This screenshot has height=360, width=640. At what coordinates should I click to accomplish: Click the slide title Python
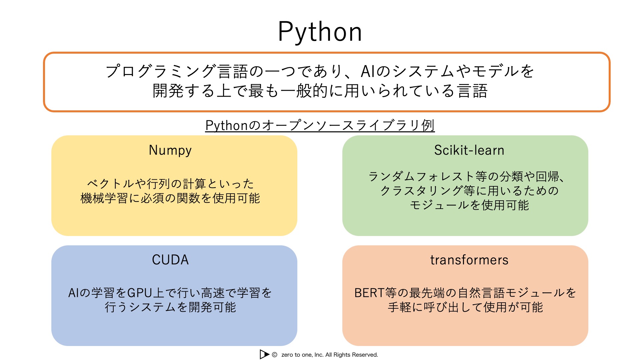pyautogui.click(x=320, y=32)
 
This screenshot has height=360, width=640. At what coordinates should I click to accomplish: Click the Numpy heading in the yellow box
pyautogui.click(x=170, y=150)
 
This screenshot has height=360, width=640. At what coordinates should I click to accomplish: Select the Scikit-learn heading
pyautogui.click(x=469, y=150)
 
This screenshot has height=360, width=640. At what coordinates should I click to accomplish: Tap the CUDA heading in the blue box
pyautogui.click(x=170, y=260)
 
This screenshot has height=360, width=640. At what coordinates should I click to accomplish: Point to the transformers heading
pyautogui.click(x=469, y=260)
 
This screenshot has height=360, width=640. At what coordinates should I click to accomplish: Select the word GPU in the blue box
pyautogui.click(x=140, y=293)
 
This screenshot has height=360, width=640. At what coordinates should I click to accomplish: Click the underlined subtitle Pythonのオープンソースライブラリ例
pyautogui.click(x=320, y=125)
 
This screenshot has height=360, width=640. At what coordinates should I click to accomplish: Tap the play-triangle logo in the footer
pyautogui.click(x=264, y=354)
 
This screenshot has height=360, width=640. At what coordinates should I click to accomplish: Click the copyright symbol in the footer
pyautogui.click(x=275, y=355)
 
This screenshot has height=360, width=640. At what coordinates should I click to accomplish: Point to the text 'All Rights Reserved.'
pyautogui.click(x=352, y=355)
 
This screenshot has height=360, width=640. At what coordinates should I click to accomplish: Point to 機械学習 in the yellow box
pyautogui.click(x=104, y=198)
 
